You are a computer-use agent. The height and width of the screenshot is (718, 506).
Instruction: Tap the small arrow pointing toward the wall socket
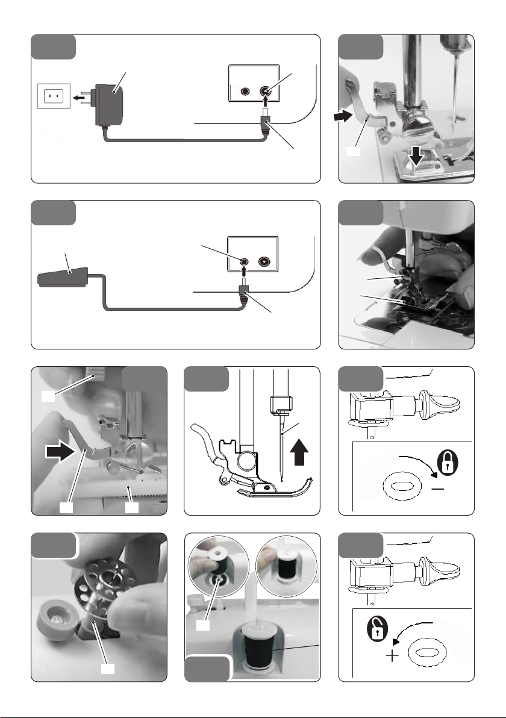click(78, 96)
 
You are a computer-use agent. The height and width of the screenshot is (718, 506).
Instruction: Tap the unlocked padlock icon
click(372, 631)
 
